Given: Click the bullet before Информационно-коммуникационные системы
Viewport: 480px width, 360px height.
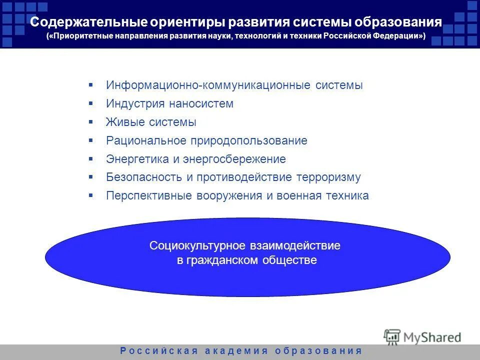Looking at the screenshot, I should coord(91,85).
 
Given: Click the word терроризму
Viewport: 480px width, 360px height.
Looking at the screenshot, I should coord(328,177).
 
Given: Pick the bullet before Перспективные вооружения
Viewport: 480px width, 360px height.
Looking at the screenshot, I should coord(91,195).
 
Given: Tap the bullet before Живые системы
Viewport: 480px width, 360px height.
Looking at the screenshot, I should coord(91,122).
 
